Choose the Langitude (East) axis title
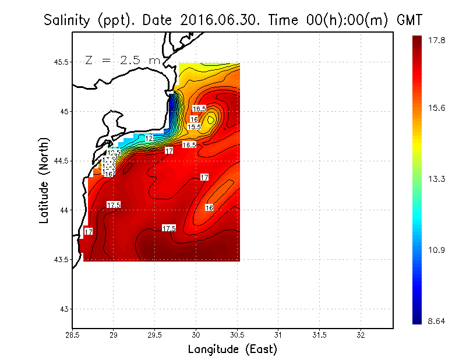point(232,349)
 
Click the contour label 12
point(149,138)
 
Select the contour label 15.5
point(194,126)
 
